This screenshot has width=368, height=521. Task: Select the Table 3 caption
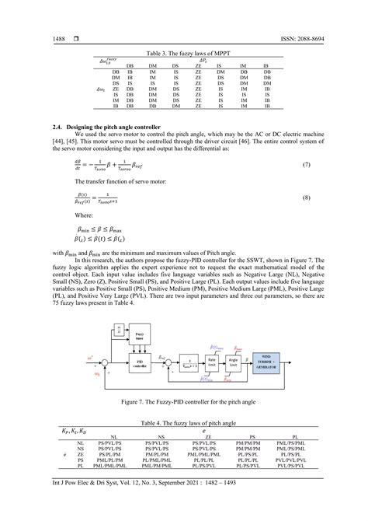[x=183, y=51]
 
